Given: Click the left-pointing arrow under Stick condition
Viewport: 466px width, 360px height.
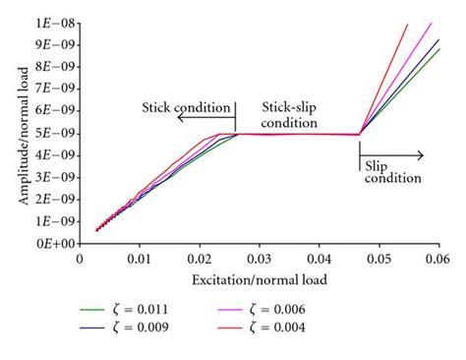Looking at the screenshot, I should [206, 118].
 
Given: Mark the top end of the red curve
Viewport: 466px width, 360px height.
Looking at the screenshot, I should [407, 24].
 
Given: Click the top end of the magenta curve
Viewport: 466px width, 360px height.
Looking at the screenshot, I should [431, 23].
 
